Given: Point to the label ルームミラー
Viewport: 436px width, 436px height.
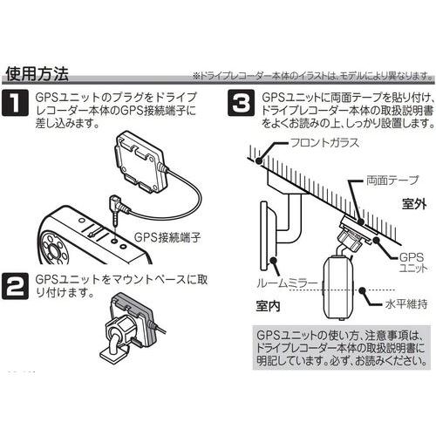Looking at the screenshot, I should (x=277, y=285).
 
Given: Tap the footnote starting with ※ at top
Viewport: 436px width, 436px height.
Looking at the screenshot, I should (x=309, y=76).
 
